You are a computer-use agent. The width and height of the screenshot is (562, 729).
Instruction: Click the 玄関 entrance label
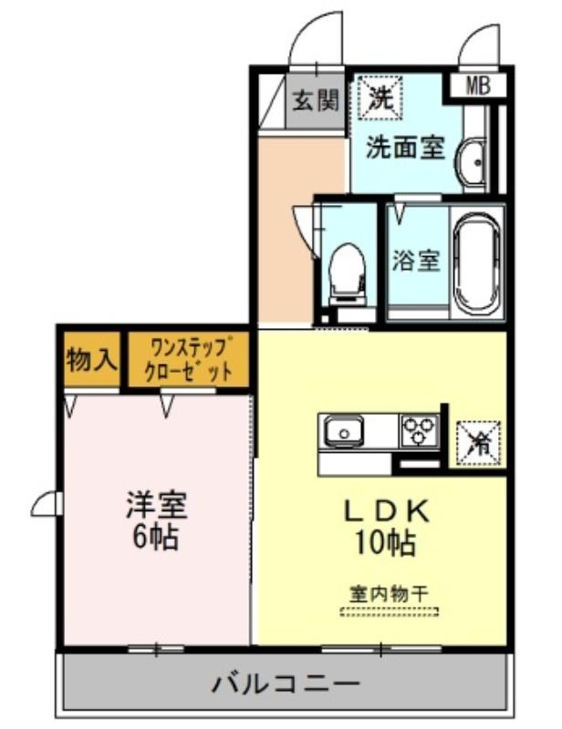point(316,100)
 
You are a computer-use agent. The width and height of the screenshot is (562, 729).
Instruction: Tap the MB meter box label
point(478,86)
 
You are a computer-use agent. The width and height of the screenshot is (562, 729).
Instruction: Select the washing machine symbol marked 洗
point(380,98)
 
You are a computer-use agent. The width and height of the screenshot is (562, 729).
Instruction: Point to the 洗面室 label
point(405,148)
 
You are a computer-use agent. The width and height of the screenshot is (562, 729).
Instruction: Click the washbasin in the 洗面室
point(472,163)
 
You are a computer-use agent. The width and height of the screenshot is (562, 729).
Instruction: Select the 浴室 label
point(416,261)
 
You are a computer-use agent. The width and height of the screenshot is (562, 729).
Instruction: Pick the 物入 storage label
point(91,359)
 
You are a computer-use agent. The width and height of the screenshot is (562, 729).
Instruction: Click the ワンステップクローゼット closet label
point(189,360)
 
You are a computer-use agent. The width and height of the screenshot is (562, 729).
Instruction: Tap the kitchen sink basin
point(344,430)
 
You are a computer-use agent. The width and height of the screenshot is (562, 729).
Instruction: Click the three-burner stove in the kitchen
point(419,430)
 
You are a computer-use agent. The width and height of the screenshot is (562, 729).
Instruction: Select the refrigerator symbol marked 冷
point(479,443)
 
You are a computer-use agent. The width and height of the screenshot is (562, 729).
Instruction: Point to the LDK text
point(386,512)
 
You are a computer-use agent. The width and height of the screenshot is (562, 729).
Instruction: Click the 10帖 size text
point(386,542)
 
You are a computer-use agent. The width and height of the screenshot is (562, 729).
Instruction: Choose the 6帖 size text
point(155,537)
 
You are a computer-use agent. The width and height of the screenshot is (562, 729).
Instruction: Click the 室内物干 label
point(389,594)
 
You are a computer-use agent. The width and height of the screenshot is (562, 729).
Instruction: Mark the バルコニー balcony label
point(286,683)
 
